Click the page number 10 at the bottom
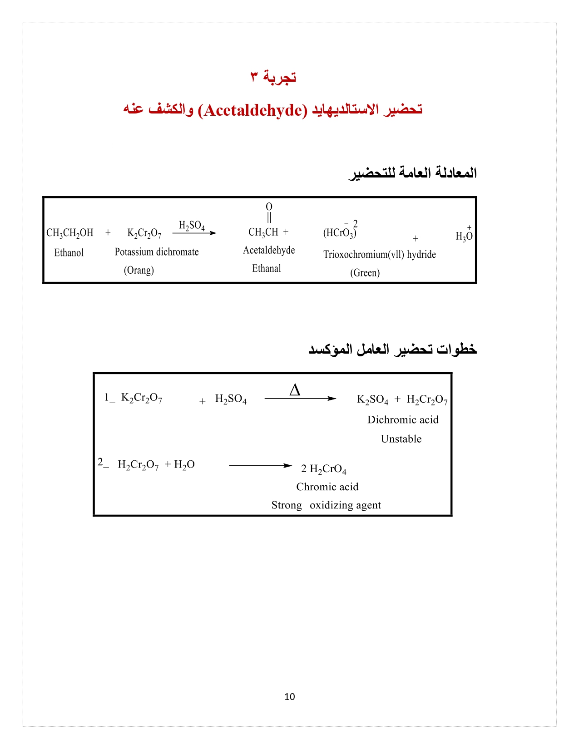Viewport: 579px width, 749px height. (x=289, y=697)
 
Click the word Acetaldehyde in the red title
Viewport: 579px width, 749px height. (x=253, y=110)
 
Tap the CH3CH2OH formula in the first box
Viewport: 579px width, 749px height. (x=70, y=233)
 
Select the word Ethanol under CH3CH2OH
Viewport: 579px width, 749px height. (x=69, y=253)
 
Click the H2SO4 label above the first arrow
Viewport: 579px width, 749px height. (x=192, y=226)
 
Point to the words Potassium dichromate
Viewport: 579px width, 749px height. (x=157, y=252)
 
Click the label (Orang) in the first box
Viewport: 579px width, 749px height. (x=139, y=271)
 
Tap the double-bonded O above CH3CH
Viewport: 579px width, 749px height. (x=269, y=207)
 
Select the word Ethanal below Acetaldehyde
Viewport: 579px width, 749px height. (x=267, y=269)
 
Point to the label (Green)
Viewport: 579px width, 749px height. (x=365, y=273)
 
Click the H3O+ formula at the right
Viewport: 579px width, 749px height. (x=464, y=236)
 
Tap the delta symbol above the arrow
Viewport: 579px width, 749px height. (x=295, y=390)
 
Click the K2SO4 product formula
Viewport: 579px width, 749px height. (x=372, y=399)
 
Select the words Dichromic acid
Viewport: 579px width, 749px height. (x=403, y=420)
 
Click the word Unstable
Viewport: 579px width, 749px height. (x=401, y=439)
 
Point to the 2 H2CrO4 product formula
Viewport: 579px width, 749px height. (x=324, y=469)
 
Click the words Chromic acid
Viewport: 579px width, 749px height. (x=327, y=487)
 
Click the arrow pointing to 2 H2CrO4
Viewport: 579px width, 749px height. (x=260, y=466)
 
